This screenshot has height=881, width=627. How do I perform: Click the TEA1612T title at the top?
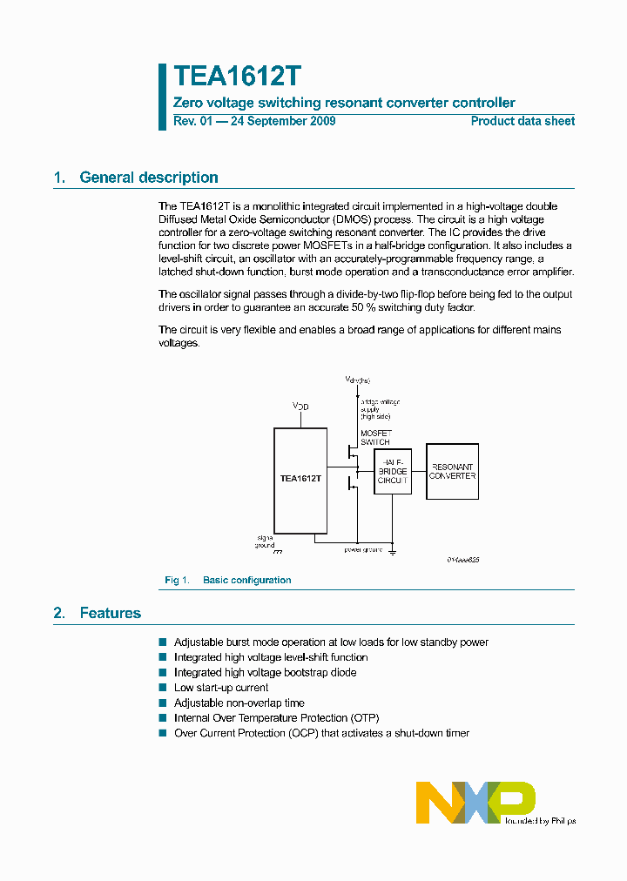point(237,77)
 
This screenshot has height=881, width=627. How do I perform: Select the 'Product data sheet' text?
point(522,121)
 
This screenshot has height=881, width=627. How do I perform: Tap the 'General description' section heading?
point(148,178)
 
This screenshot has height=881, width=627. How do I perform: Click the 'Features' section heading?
point(110,614)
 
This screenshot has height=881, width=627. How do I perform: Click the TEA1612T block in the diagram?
point(300,479)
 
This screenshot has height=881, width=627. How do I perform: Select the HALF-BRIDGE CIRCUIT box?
point(393,473)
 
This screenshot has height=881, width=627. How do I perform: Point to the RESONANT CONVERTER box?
point(452,471)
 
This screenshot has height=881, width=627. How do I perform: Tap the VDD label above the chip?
point(300,407)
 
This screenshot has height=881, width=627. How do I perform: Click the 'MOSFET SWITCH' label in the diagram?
point(375,438)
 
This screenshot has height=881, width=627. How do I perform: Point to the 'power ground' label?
point(364,550)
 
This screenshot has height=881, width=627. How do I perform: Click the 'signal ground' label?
point(265,541)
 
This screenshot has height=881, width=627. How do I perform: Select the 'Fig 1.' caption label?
point(177,580)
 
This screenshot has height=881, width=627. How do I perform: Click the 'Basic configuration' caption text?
point(246,580)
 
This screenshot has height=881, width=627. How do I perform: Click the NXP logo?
point(475,802)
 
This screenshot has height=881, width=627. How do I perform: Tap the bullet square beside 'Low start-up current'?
point(162,688)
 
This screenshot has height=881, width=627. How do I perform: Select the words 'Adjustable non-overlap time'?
point(239,703)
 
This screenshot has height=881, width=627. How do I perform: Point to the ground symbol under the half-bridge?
point(393,551)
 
